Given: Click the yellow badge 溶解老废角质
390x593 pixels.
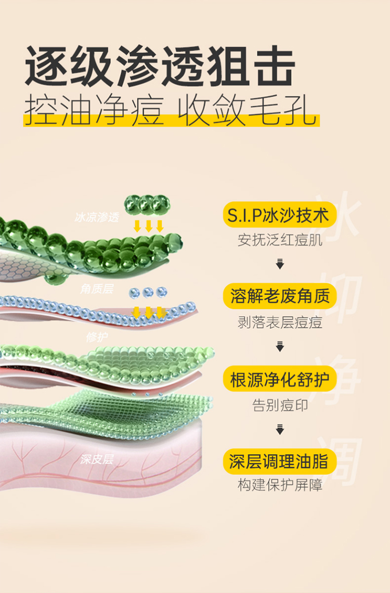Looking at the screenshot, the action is coord(280,296).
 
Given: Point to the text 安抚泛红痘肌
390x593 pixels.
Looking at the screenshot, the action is coord(280,240).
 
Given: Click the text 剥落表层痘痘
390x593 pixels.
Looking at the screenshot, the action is coord(280,323).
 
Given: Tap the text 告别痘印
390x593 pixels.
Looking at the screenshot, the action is coord(280,405).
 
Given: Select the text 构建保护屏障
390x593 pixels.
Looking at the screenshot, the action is coord(280,486).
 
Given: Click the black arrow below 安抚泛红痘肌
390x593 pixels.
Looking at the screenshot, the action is coord(280,265).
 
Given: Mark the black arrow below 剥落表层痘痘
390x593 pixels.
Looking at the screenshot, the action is coord(280,346).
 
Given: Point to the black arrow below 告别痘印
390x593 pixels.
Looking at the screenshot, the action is coord(280,429).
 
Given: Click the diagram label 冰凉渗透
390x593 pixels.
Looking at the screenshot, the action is coord(97,217).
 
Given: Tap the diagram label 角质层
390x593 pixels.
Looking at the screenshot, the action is coord(97,289).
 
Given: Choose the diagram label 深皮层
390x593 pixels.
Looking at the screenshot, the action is coord(97,459).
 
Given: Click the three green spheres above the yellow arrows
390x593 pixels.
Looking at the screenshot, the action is coord(147,203).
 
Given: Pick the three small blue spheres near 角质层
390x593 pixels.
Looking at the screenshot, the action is coord(148,292).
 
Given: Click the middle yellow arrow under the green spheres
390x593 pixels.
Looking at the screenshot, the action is coord(148,226).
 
